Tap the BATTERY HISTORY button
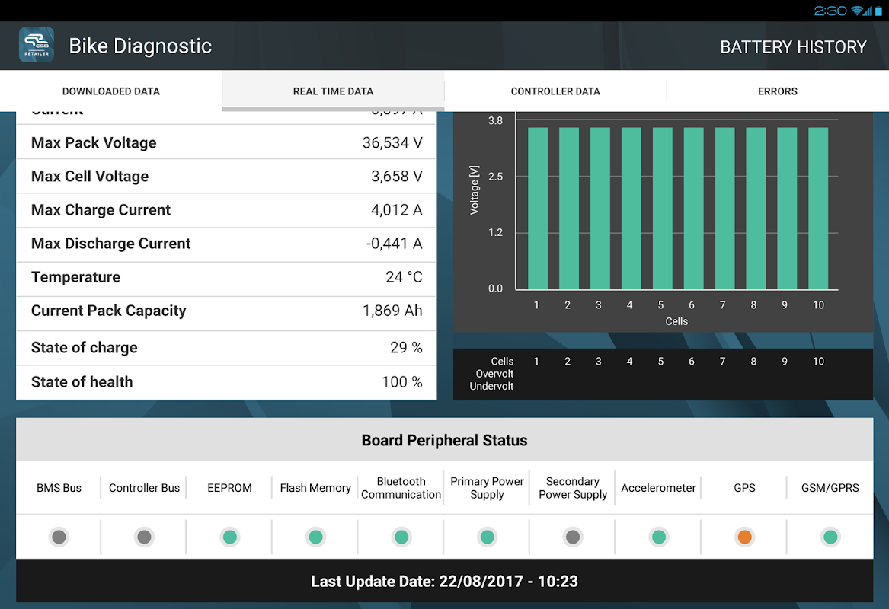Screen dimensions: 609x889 pyautogui.click(x=793, y=47)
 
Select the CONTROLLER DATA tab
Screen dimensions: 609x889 pyautogui.click(x=555, y=91)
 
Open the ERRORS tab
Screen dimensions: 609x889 pyautogui.click(x=777, y=91)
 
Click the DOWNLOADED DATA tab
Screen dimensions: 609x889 pyautogui.click(x=111, y=91)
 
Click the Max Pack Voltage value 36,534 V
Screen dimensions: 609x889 pyautogui.click(x=392, y=143)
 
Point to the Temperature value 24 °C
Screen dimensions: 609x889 pyautogui.click(x=404, y=277)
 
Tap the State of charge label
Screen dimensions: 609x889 pyautogui.click(x=85, y=348)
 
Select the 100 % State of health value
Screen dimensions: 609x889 pyautogui.click(x=401, y=382)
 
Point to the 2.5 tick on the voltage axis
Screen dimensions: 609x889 pyautogui.click(x=495, y=177)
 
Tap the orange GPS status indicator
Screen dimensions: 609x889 pyautogui.click(x=744, y=537)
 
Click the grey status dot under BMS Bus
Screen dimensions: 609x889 pyautogui.click(x=59, y=537)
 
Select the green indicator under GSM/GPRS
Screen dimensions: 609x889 pyautogui.click(x=830, y=537)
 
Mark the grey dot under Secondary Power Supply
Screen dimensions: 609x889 pyautogui.click(x=573, y=537)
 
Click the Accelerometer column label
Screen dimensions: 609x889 pyautogui.click(x=658, y=488)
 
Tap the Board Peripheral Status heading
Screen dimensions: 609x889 pyautogui.click(x=444, y=441)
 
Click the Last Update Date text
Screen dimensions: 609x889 pyautogui.click(x=444, y=582)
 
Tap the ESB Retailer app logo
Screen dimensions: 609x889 pyautogui.click(x=37, y=46)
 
